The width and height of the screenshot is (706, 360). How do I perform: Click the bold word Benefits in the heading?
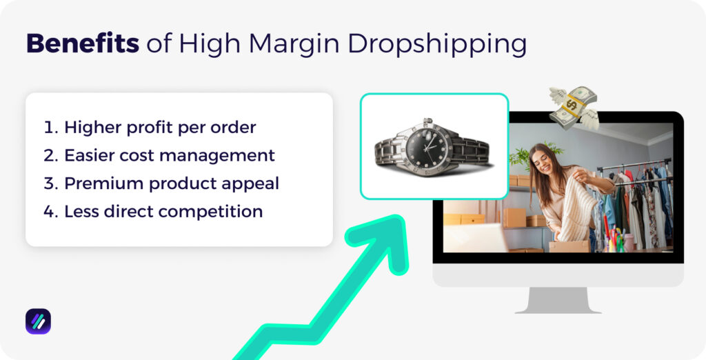click(82, 43)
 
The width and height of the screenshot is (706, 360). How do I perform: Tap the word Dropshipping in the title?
click(437, 44)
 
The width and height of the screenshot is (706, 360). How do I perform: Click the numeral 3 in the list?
click(50, 183)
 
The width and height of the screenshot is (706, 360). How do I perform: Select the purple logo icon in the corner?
click(38, 321)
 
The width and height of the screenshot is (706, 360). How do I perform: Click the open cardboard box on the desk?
click(569, 244)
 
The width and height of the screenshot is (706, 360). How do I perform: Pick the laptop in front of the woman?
click(476, 238)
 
